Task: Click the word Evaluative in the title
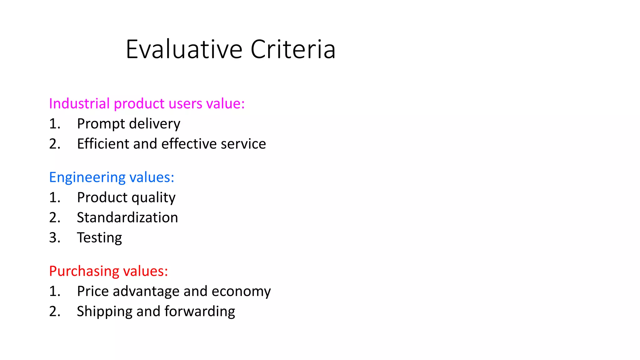coord(184,49)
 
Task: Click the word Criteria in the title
coord(293,49)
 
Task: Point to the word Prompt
coord(101,124)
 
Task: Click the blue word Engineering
coord(87,177)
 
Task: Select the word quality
coord(153,198)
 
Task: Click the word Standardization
coord(127,217)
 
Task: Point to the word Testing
coord(99,238)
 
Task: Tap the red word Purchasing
coord(83,271)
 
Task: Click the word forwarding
coord(200,312)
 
